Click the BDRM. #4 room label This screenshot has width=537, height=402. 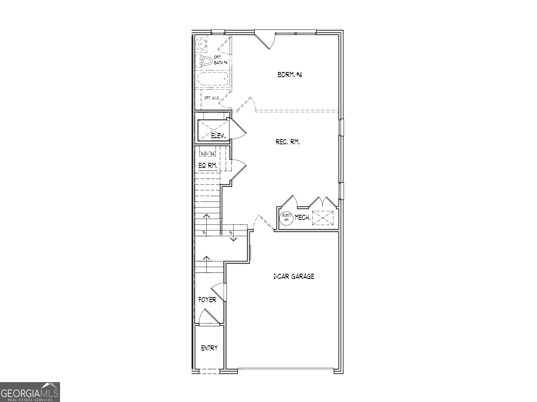(290, 75)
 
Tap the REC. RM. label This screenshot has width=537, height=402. (288, 142)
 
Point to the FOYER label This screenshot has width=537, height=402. (207, 300)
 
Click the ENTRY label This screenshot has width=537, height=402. (209, 348)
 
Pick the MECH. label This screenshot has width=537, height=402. (303, 217)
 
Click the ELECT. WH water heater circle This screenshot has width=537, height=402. (287, 217)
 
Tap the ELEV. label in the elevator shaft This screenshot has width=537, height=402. (219, 136)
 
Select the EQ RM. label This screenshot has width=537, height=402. (208, 165)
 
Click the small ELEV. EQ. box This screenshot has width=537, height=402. (208, 154)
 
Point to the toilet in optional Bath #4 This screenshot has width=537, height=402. (206, 61)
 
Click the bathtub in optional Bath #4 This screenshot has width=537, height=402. (212, 79)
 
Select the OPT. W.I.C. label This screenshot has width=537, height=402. (212, 98)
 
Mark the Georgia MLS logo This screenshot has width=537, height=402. (30, 392)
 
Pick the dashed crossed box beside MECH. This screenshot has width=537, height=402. (323, 217)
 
